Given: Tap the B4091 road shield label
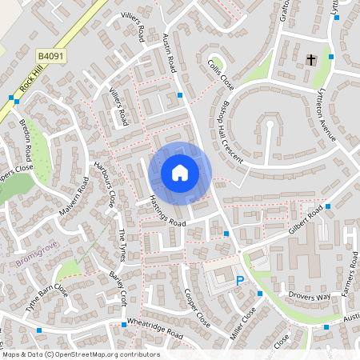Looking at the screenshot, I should (50, 57).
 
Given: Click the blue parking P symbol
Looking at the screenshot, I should (241, 280).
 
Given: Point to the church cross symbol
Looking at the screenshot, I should (311, 60).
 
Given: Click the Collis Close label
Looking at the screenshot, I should (220, 74).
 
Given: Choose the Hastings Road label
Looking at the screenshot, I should (167, 211).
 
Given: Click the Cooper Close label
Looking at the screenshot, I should (196, 307).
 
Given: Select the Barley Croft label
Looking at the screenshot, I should (118, 286).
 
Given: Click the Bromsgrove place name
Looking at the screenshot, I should (33, 262).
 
